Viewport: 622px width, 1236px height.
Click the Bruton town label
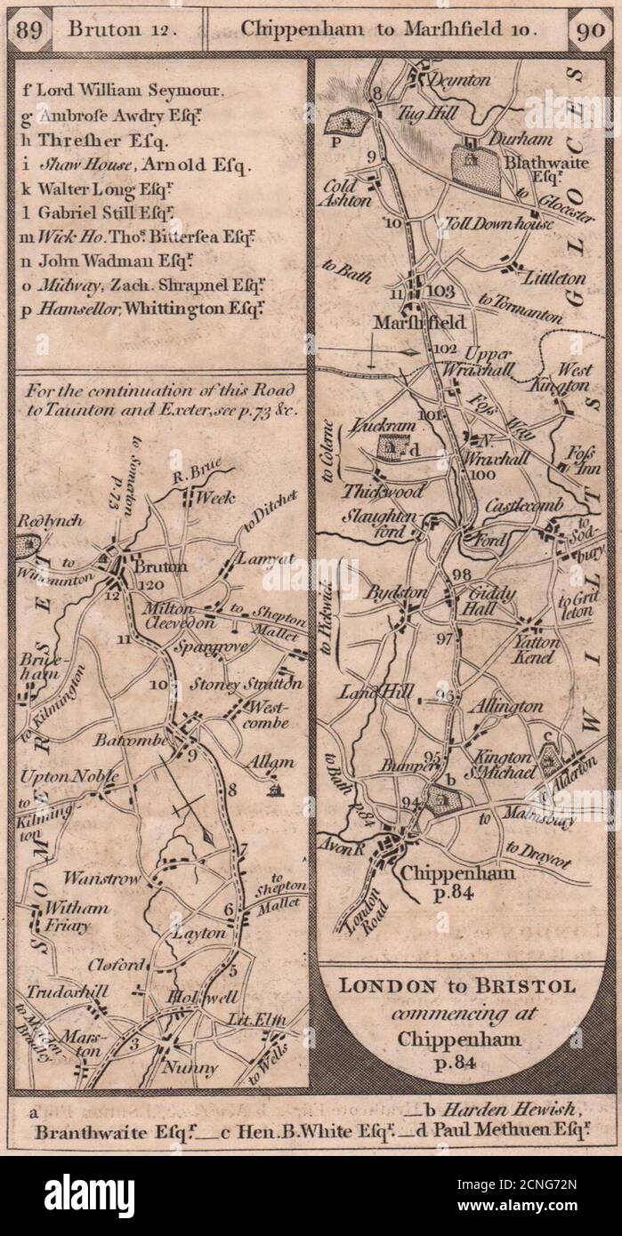[159, 566]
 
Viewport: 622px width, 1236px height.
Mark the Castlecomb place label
[525, 505]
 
